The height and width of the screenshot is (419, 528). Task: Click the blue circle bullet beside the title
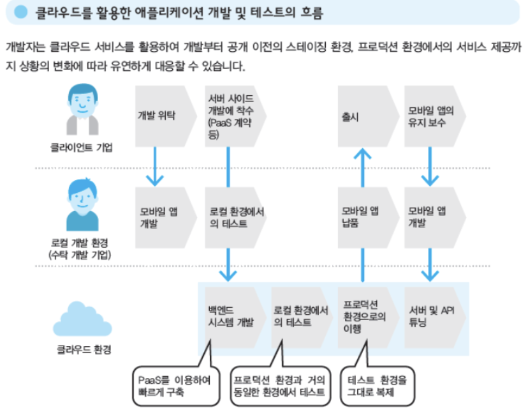pos(20,11)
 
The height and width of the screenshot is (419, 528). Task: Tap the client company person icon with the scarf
pos(82,109)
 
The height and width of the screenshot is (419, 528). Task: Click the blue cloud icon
pos(81,317)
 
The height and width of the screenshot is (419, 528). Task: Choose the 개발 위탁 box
pos(163,116)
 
